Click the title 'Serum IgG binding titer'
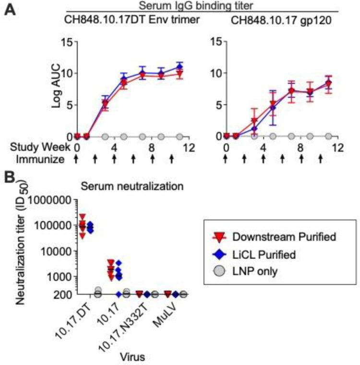(x=202, y=6)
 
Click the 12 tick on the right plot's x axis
(x=338, y=146)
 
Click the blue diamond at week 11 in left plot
(x=180, y=67)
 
